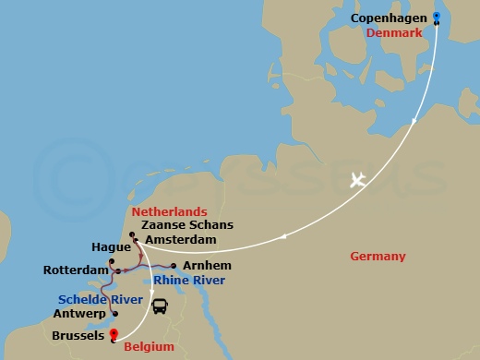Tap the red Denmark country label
pyautogui.click(x=394, y=32)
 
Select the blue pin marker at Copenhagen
pyautogui.click(x=437, y=17)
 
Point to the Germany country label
pyautogui.click(x=378, y=256)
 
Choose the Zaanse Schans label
pyautogui.click(x=182, y=224)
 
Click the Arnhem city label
pyautogui.click(x=201, y=266)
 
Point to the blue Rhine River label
pyautogui.click(x=189, y=281)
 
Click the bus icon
pyautogui.click(x=159, y=306)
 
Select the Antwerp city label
pyautogui.click(x=80, y=314)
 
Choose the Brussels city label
pyautogui.click(x=78, y=337)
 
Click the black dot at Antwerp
pyautogui.click(x=114, y=314)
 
